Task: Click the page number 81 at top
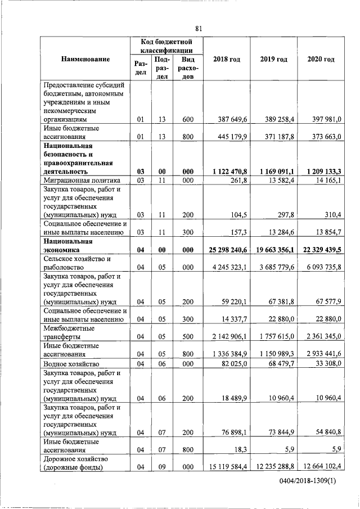click(x=199, y=29)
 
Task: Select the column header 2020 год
click(x=321, y=59)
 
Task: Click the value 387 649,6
click(x=233, y=119)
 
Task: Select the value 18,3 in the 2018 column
click(x=241, y=449)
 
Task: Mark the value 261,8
click(x=239, y=180)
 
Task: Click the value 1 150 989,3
click(x=276, y=354)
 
